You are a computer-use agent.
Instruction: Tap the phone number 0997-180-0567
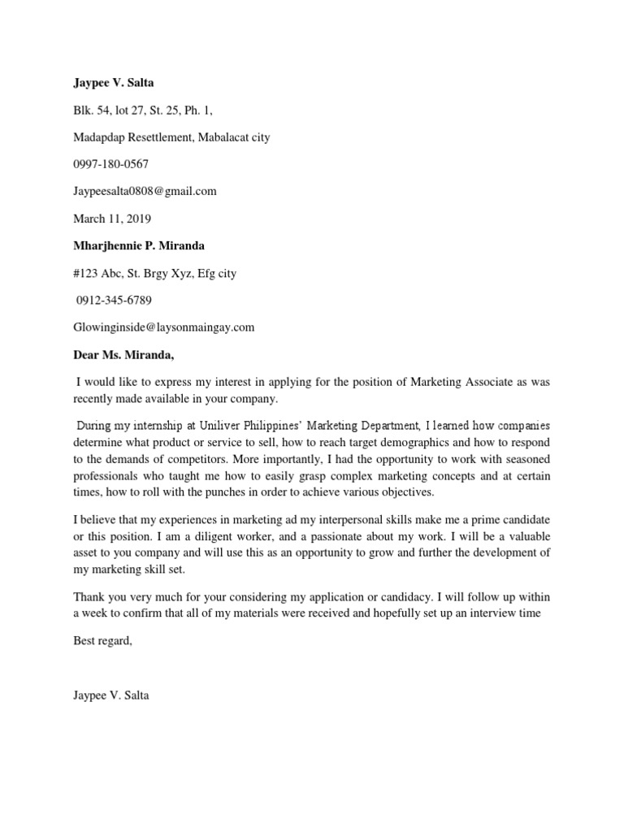pyautogui.click(x=110, y=164)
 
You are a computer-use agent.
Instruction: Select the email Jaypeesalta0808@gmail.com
pyautogui.click(x=145, y=192)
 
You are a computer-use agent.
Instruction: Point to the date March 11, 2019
pyautogui.click(x=112, y=219)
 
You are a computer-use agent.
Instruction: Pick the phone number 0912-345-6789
pyautogui.click(x=114, y=301)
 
